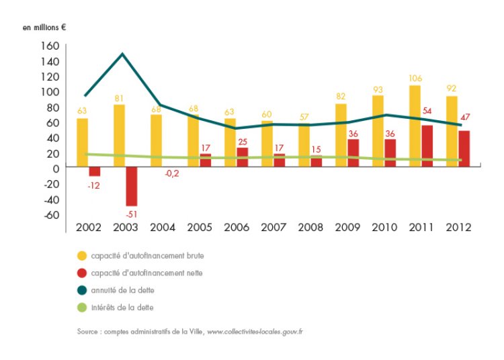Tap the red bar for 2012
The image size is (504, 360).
[464, 148]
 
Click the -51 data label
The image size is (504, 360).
[131, 214]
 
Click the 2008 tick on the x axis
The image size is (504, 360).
[310, 227]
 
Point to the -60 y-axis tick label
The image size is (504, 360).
[51, 214]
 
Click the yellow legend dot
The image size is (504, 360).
[82, 256]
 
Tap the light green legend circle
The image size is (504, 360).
[82, 307]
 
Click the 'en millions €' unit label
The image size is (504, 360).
[45, 28]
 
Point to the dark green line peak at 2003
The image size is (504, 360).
[122, 54]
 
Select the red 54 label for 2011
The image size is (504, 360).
[425, 111]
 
